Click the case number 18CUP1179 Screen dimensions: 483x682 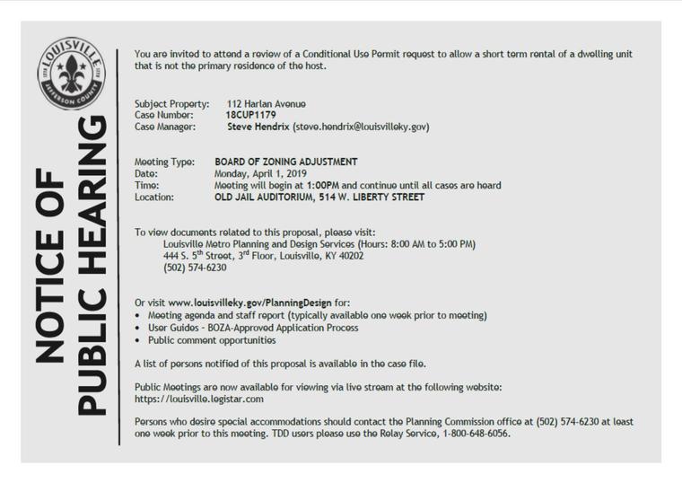pyautogui.click(x=250, y=116)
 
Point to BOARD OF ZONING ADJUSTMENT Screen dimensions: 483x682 pyautogui.click(x=286, y=162)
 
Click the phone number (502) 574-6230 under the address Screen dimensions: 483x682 pyautogui.click(x=195, y=268)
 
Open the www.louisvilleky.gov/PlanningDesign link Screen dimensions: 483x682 pyautogui.click(x=249, y=303)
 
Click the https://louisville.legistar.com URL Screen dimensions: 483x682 pyautogui.click(x=198, y=399)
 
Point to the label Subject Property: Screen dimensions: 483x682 pyautogui.click(x=171, y=104)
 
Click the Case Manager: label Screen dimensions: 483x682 pyautogui.click(x=168, y=127)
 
